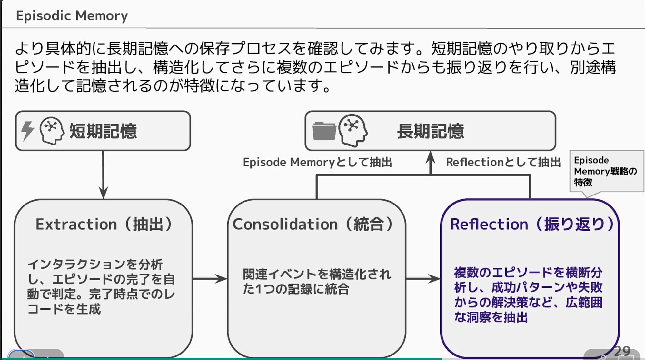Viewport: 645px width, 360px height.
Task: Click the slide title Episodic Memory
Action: coord(72,15)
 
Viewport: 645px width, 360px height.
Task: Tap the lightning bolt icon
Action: coord(28,131)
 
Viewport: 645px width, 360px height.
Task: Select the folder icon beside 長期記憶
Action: coord(324,131)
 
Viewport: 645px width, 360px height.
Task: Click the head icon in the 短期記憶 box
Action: coord(52,131)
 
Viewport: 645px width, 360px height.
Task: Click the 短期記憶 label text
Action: coord(103,131)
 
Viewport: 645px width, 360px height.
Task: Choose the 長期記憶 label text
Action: coord(431,131)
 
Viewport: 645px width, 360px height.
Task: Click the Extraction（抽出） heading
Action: coord(104,224)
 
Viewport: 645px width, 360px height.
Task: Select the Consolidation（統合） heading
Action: coord(313,224)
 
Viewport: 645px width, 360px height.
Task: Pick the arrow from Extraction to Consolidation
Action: coord(210,279)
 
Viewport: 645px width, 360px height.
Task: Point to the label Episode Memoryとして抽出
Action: coord(317,162)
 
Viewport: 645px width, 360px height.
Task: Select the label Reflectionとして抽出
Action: coord(503,162)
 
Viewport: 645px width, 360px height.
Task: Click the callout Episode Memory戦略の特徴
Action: coord(605,171)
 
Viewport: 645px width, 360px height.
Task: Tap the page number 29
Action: coord(622,351)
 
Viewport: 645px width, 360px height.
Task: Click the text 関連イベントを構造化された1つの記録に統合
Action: coord(317,282)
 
